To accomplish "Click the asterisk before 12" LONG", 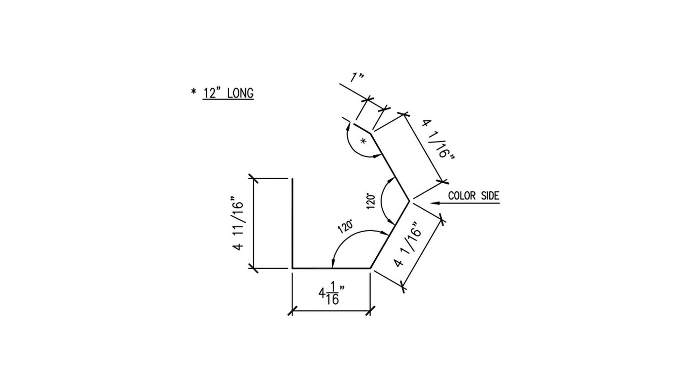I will click(194, 92).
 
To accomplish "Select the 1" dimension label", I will click(357, 78).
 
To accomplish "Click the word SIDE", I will click(489, 195).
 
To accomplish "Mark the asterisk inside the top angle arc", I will click(364, 141).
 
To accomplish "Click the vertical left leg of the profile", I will click(292, 223).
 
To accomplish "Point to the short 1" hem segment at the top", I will click(362, 128).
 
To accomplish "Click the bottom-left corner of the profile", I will click(292, 268).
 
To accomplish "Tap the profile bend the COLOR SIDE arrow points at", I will click(409, 201).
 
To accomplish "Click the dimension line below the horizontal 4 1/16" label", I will click(331, 311).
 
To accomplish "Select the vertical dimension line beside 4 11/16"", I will click(253, 223).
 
